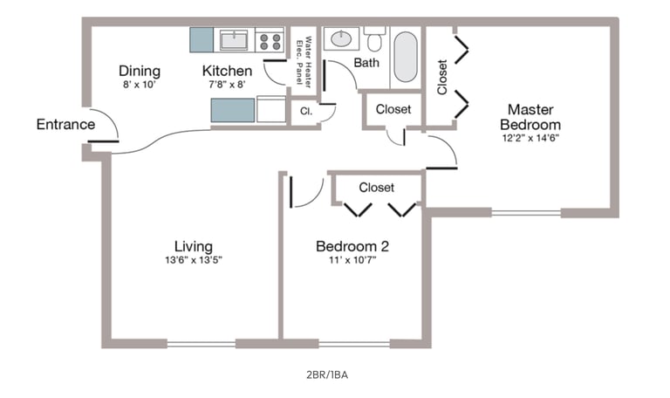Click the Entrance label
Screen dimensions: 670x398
click(x=65, y=125)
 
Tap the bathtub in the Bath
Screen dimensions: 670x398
click(x=405, y=57)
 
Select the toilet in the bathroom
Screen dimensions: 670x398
click(x=374, y=39)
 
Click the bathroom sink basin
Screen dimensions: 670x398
click(x=341, y=39)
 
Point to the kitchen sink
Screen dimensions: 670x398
click(x=234, y=40)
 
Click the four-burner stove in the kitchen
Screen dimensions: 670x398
click(x=270, y=40)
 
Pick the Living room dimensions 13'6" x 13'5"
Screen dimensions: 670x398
click(x=194, y=260)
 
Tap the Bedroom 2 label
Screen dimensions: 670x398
click(x=352, y=246)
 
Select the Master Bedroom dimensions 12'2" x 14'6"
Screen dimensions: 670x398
click(x=530, y=138)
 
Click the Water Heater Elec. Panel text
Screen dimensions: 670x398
click(x=304, y=62)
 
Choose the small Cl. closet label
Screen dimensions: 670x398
click(x=306, y=112)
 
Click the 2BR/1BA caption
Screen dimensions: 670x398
click(x=327, y=375)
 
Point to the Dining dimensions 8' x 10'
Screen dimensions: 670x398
click(x=140, y=84)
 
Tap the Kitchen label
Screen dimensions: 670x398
click(x=227, y=71)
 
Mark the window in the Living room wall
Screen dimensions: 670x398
click(x=202, y=344)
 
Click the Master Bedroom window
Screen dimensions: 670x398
click(x=526, y=212)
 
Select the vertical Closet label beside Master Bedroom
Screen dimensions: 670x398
click(x=442, y=77)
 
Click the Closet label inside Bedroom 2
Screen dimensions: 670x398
click(x=377, y=188)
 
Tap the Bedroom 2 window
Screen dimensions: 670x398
click(x=354, y=344)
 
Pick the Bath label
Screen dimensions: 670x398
click(x=366, y=63)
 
